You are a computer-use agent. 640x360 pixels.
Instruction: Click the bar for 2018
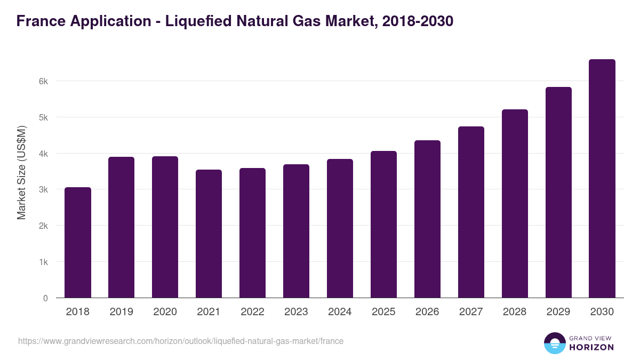(x=78, y=243)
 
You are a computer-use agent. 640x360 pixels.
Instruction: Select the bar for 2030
(x=602, y=179)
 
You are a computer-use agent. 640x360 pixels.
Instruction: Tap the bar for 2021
(x=209, y=234)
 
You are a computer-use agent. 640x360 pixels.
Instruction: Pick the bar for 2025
(x=383, y=225)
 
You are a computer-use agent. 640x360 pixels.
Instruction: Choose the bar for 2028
(x=515, y=204)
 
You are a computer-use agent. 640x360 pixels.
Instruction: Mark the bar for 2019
(x=121, y=227)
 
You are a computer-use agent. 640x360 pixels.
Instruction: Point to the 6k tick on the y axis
(x=43, y=81)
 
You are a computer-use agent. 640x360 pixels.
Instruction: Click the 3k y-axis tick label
(x=43, y=189)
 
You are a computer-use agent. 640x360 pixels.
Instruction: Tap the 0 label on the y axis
(x=45, y=298)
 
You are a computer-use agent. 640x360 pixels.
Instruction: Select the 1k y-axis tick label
(x=43, y=262)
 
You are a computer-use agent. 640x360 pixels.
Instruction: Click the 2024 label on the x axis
(x=340, y=312)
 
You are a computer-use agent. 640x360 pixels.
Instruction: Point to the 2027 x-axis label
(x=471, y=312)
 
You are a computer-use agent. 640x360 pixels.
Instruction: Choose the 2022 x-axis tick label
(x=252, y=312)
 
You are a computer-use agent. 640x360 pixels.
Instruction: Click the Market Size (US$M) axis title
(x=21, y=172)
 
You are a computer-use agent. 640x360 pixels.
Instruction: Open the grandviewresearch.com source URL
(x=181, y=341)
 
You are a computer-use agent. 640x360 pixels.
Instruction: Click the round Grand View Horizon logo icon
(x=555, y=343)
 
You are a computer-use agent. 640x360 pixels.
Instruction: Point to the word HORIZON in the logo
(x=591, y=347)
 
